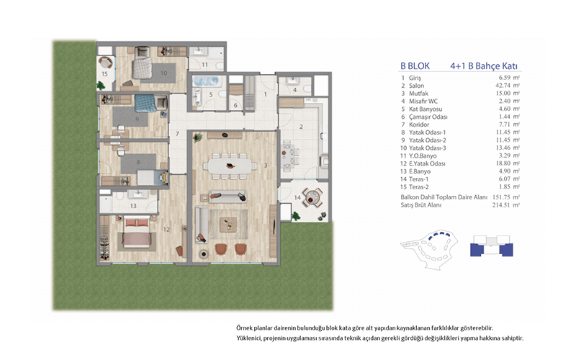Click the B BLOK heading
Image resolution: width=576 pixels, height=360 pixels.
point(415,66)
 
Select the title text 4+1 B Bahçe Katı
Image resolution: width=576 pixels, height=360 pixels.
point(484,66)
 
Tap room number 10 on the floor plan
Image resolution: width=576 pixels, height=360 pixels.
point(164,73)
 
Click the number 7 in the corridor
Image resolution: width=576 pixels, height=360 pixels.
point(177,134)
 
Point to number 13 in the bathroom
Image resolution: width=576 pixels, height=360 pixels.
point(133,206)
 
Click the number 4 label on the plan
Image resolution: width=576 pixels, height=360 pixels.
point(294,90)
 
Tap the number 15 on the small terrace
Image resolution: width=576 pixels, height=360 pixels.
point(104,74)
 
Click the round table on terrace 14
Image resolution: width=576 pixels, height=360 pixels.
point(312,199)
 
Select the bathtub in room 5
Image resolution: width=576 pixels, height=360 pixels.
point(207,81)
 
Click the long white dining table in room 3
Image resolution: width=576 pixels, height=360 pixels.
point(230,166)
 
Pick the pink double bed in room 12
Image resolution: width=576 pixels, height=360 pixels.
point(137,233)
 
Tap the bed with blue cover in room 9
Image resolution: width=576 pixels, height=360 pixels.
point(145,103)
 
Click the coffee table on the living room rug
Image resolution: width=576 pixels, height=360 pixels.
point(228,224)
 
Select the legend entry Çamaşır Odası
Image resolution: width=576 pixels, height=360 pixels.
point(428,117)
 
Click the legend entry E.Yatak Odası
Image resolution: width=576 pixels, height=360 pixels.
point(427,163)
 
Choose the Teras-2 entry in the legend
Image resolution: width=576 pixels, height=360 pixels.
point(419,186)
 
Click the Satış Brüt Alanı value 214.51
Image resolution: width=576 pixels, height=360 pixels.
point(501,205)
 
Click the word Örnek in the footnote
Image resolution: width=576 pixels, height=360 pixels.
point(244,328)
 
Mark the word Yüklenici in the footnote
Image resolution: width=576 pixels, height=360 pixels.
point(248,338)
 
